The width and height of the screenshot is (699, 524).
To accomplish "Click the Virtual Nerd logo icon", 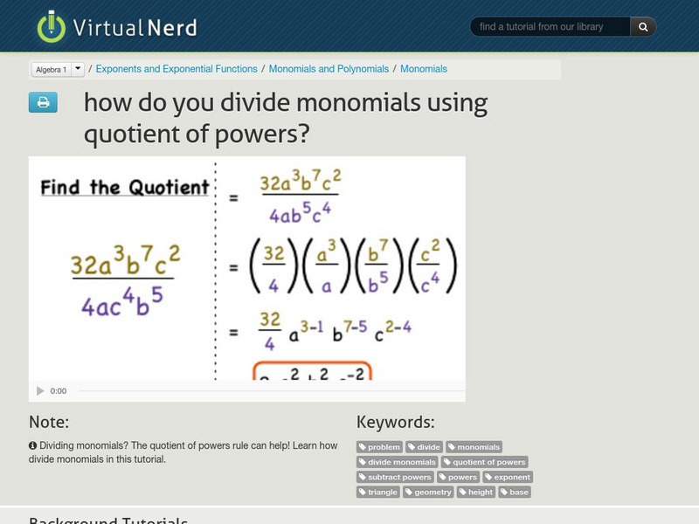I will [x=51, y=27].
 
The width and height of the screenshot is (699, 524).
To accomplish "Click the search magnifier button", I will [x=643, y=27].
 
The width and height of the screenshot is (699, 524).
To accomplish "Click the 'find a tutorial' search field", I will [x=550, y=27].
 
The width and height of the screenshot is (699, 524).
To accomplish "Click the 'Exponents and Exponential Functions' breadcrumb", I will [x=176, y=69].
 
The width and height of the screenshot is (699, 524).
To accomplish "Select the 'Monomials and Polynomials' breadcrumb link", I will [x=329, y=69].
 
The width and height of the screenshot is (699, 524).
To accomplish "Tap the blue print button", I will [x=43, y=103].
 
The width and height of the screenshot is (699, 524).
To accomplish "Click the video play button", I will [x=40, y=391].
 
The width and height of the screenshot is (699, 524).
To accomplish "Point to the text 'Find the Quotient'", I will [x=125, y=187].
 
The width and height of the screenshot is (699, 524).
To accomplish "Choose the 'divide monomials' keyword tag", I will [x=398, y=462].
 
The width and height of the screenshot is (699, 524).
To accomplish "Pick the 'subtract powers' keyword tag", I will [x=396, y=477].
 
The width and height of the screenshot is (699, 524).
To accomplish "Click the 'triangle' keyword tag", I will [x=378, y=492].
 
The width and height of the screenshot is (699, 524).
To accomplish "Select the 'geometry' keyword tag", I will [x=429, y=492].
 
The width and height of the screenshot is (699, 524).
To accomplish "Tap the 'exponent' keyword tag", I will [x=508, y=477].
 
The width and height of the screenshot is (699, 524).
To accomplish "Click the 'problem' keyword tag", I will [x=380, y=447].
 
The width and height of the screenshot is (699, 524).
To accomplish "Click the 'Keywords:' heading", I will [x=395, y=423].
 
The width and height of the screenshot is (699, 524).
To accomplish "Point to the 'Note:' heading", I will [x=49, y=423].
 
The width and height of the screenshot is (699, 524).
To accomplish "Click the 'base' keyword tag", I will [x=515, y=492].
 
